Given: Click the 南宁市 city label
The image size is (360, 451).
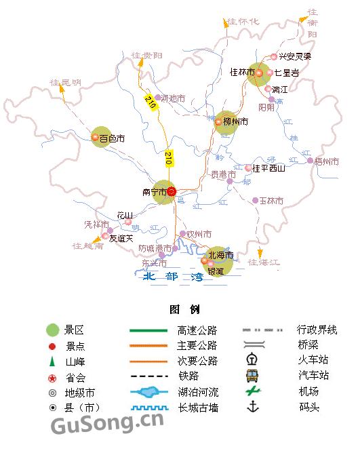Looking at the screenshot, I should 154,192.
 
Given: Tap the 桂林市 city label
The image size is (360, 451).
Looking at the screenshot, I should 241,72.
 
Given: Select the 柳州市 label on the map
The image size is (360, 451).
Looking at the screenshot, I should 235,122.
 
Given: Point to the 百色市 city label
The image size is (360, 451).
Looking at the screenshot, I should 113,138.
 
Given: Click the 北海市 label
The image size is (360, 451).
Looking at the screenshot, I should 221,256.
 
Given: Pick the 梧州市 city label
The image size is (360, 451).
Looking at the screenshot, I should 327,161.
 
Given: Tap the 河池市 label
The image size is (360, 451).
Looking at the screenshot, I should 174,98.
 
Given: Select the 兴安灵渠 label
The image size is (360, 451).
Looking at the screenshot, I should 295,57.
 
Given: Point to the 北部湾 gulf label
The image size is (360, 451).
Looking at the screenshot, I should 173,277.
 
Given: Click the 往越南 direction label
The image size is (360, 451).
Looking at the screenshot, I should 87,246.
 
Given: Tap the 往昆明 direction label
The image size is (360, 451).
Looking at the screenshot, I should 65,83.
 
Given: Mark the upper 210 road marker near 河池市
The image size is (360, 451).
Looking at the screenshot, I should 149,102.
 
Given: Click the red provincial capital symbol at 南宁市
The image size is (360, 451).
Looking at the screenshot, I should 172,192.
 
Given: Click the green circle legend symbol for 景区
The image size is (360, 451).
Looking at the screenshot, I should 52,330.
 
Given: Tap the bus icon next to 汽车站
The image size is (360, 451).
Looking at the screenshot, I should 252,376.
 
